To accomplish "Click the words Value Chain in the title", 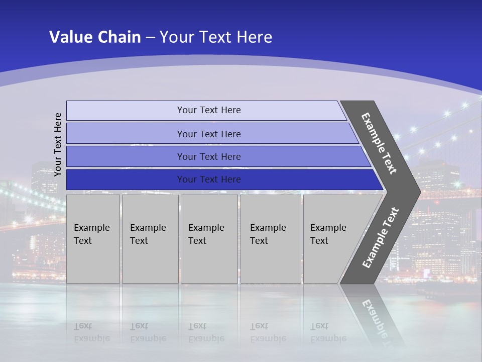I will tap(95, 37).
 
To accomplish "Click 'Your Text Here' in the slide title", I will tap(216, 37).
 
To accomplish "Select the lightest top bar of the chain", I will tap(126, 111).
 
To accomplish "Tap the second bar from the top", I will tap(126, 134).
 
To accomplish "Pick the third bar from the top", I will tap(126, 157).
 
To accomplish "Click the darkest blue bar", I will tap(126, 179).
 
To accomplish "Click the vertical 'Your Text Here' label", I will tap(58, 144).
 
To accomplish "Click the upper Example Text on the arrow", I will tap(379, 143).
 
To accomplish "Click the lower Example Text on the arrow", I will tap(381, 237).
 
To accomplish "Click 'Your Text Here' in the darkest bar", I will tap(209, 179).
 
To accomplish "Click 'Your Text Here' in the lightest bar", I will tap(209, 110).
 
